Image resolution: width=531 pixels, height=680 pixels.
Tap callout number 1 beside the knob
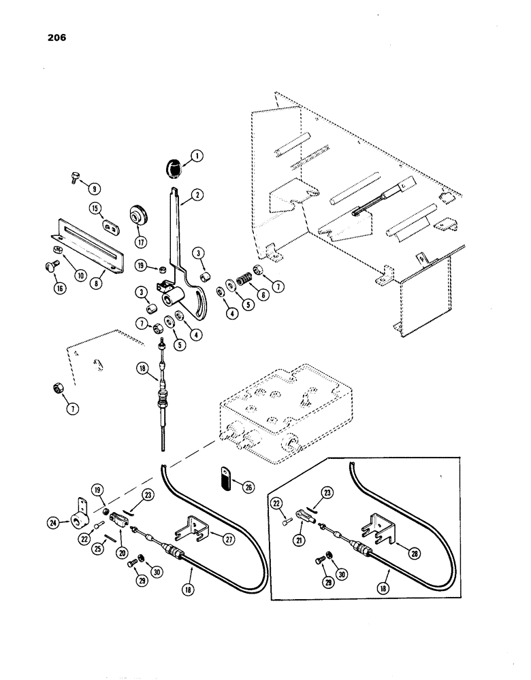[x=197, y=156]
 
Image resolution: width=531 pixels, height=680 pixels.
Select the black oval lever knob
[x=174, y=165]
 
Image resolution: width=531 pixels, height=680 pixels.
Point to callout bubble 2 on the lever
[x=197, y=194]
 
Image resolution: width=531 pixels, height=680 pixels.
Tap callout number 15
[x=95, y=207]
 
